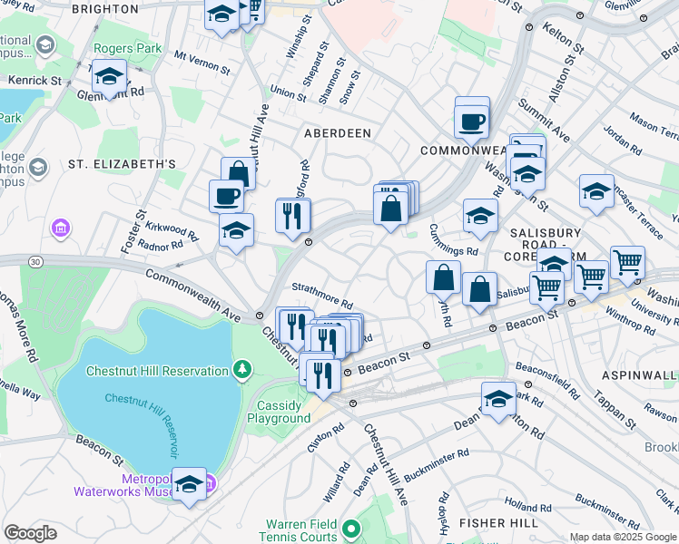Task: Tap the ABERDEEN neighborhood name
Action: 337,132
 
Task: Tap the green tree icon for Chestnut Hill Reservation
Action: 241,368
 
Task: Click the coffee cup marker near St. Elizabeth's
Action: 226,195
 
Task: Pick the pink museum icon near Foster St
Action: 61,226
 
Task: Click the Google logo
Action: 30,534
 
